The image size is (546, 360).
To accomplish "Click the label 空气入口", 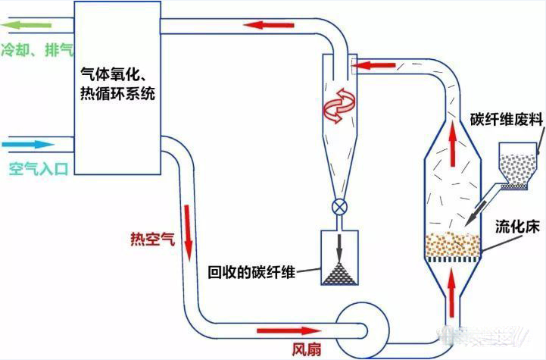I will [38, 169].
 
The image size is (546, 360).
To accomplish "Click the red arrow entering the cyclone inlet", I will [372, 65].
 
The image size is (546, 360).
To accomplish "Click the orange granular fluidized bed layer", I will [453, 245].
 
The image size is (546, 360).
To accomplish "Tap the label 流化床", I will [516, 226].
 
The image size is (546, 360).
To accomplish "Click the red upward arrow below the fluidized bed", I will [453, 286].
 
